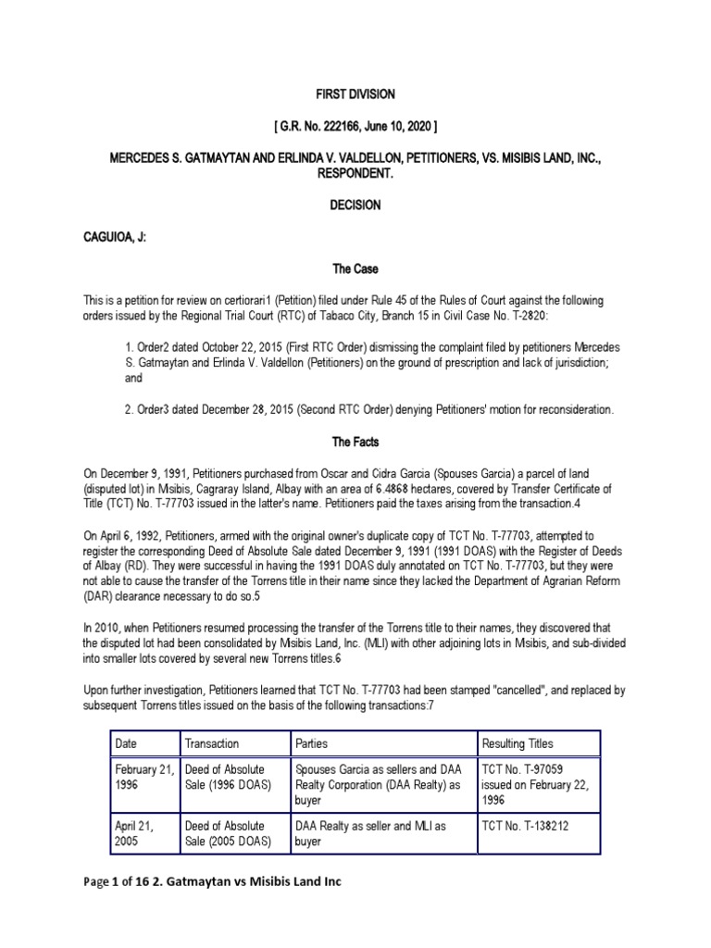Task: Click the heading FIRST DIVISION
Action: pyautogui.click(x=355, y=94)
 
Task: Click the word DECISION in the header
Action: pyautogui.click(x=355, y=205)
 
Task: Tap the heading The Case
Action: pyautogui.click(x=355, y=268)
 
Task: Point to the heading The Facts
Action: pyautogui.click(x=355, y=442)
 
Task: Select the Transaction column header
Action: pyautogui.click(x=212, y=743)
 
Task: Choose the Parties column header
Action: pyautogui.click(x=311, y=743)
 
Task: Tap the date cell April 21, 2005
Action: pyautogui.click(x=135, y=833)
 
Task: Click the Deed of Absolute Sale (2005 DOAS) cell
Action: pyautogui.click(x=228, y=833)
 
